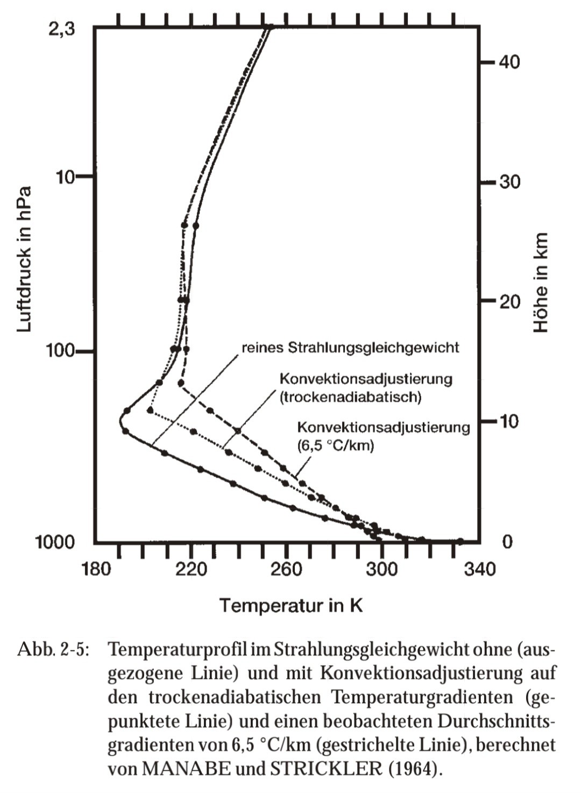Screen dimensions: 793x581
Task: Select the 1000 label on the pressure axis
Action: point(55,542)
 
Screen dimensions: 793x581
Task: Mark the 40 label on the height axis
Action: point(509,62)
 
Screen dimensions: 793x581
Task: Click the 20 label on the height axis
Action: point(509,301)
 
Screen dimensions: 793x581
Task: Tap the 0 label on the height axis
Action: point(507,541)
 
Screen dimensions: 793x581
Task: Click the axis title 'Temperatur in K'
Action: point(291,606)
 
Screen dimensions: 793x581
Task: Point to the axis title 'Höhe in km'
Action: point(540,282)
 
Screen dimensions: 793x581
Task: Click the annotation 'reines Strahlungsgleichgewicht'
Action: point(350,348)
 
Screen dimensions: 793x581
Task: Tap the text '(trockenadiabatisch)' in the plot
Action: point(350,397)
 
